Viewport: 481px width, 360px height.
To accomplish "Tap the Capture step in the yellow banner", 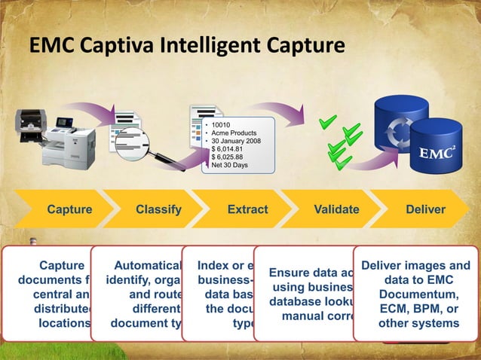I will click(70, 209).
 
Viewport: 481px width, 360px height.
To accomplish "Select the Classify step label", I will click(158, 209).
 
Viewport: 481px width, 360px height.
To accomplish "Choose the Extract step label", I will click(247, 209).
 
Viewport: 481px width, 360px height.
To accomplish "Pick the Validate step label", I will click(336, 209).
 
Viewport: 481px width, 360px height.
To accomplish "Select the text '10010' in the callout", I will click(221, 124).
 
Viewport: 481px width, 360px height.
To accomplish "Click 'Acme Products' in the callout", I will click(235, 133).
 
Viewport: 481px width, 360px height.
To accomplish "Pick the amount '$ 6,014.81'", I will click(228, 149).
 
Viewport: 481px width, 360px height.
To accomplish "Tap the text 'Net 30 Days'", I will click(230, 166).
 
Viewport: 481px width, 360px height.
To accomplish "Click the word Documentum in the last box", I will click(417, 293).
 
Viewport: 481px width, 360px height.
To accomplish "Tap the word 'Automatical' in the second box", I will click(147, 266).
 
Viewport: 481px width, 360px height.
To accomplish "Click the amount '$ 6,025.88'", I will click(228, 157).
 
